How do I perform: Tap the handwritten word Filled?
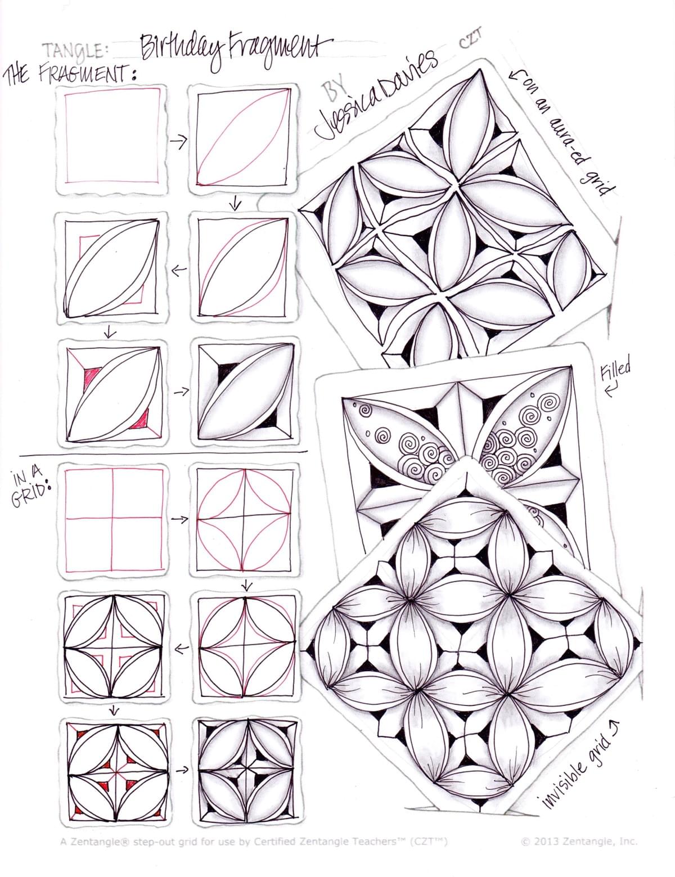coord(615,371)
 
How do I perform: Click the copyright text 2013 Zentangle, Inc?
coord(579,842)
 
